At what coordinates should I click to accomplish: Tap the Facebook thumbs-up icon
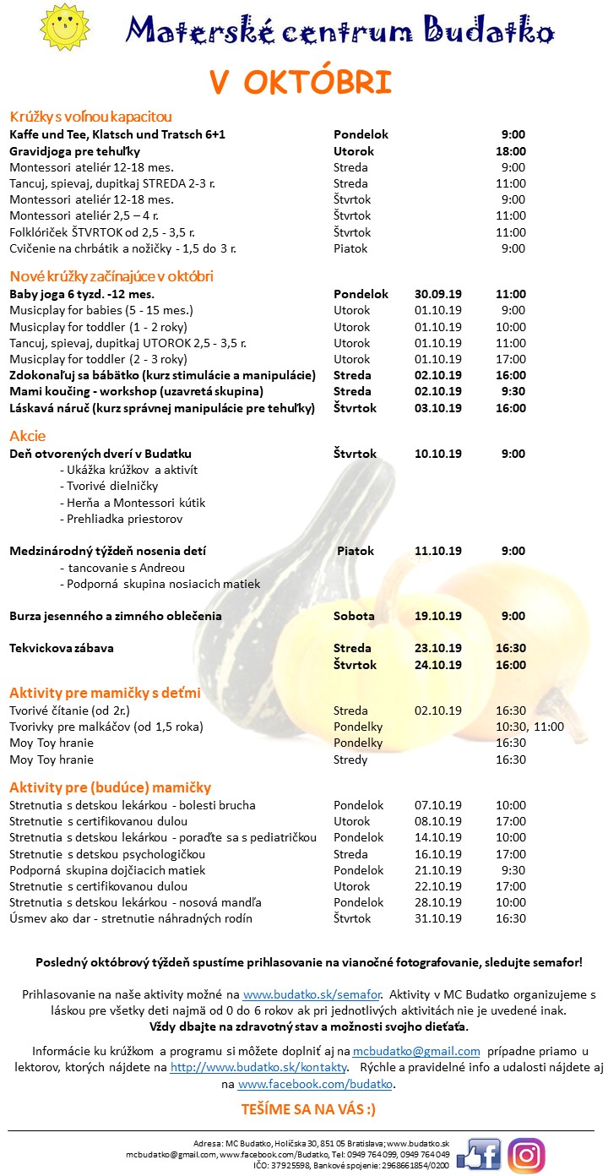point(480,1154)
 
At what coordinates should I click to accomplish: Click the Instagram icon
point(526,1155)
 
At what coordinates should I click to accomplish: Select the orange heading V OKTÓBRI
point(301,83)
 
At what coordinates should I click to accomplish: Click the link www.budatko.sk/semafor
point(312,995)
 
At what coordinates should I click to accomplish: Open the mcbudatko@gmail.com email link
point(416,1051)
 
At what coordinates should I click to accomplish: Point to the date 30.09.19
point(438,294)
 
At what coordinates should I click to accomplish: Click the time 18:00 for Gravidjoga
point(512,151)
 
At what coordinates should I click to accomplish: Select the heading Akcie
point(27,436)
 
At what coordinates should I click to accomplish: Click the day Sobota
point(354,616)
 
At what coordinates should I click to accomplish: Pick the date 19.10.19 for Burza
point(438,616)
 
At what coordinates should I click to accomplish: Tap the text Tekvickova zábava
point(62,648)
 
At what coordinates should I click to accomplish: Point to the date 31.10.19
point(438,918)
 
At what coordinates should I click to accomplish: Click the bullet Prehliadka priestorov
point(121,519)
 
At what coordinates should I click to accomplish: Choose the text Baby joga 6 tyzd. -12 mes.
point(82,294)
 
